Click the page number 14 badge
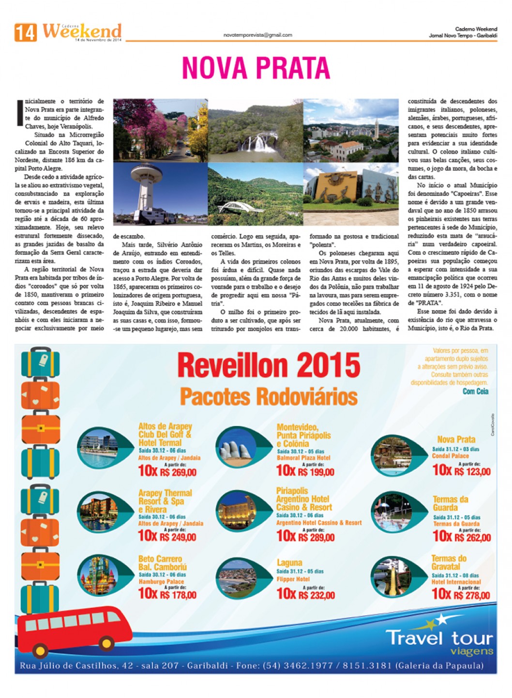(25, 33)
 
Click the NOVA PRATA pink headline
(256, 68)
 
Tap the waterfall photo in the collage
(256, 131)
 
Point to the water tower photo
(160, 194)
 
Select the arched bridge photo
(255, 194)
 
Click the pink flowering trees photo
(160, 131)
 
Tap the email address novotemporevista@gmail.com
(257, 35)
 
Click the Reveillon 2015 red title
(269, 366)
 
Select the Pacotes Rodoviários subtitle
(269, 397)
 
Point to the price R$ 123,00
(472, 471)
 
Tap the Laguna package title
(289, 563)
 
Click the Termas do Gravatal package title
(449, 563)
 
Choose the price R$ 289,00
(316, 537)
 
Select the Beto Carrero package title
(162, 563)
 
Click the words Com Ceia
(475, 391)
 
